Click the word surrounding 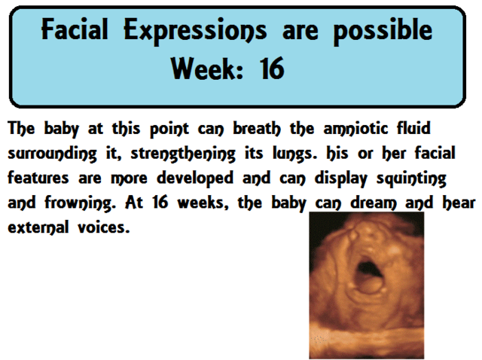pos(56,154)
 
